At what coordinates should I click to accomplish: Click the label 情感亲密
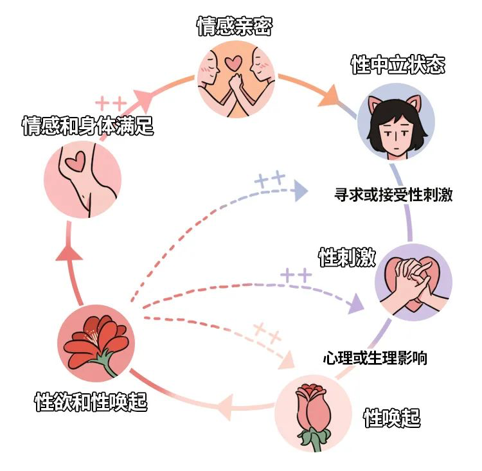(235, 26)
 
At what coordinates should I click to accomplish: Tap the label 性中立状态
(398, 65)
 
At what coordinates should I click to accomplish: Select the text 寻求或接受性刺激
(393, 194)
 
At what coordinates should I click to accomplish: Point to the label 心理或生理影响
(375, 358)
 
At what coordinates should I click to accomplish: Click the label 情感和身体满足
(87, 125)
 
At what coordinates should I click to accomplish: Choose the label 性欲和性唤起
(91, 402)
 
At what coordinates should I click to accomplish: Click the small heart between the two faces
(233, 63)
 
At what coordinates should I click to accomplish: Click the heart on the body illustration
(75, 161)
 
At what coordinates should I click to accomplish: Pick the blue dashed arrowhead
(301, 191)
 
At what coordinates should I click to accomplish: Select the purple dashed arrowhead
(356, 304)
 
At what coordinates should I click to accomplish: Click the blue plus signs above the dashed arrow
(270, 179)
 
